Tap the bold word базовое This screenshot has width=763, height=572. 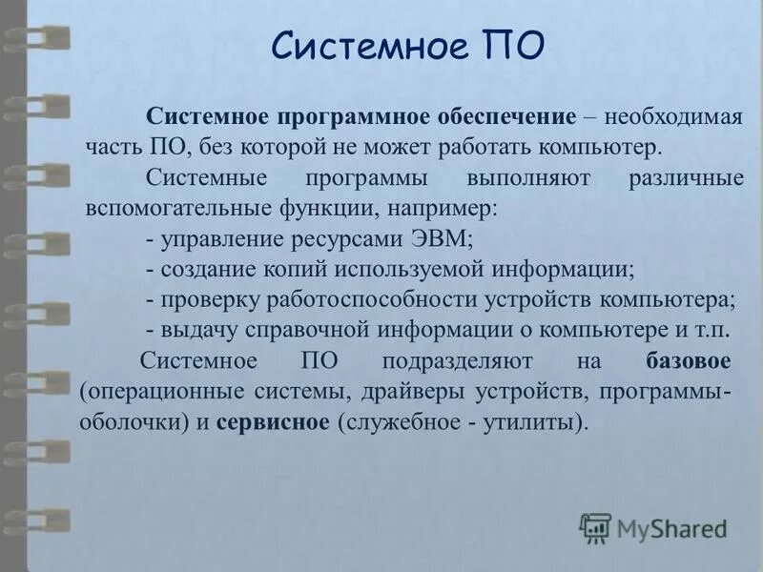click(688, 361)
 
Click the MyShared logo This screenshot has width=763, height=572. click(653, 527)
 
